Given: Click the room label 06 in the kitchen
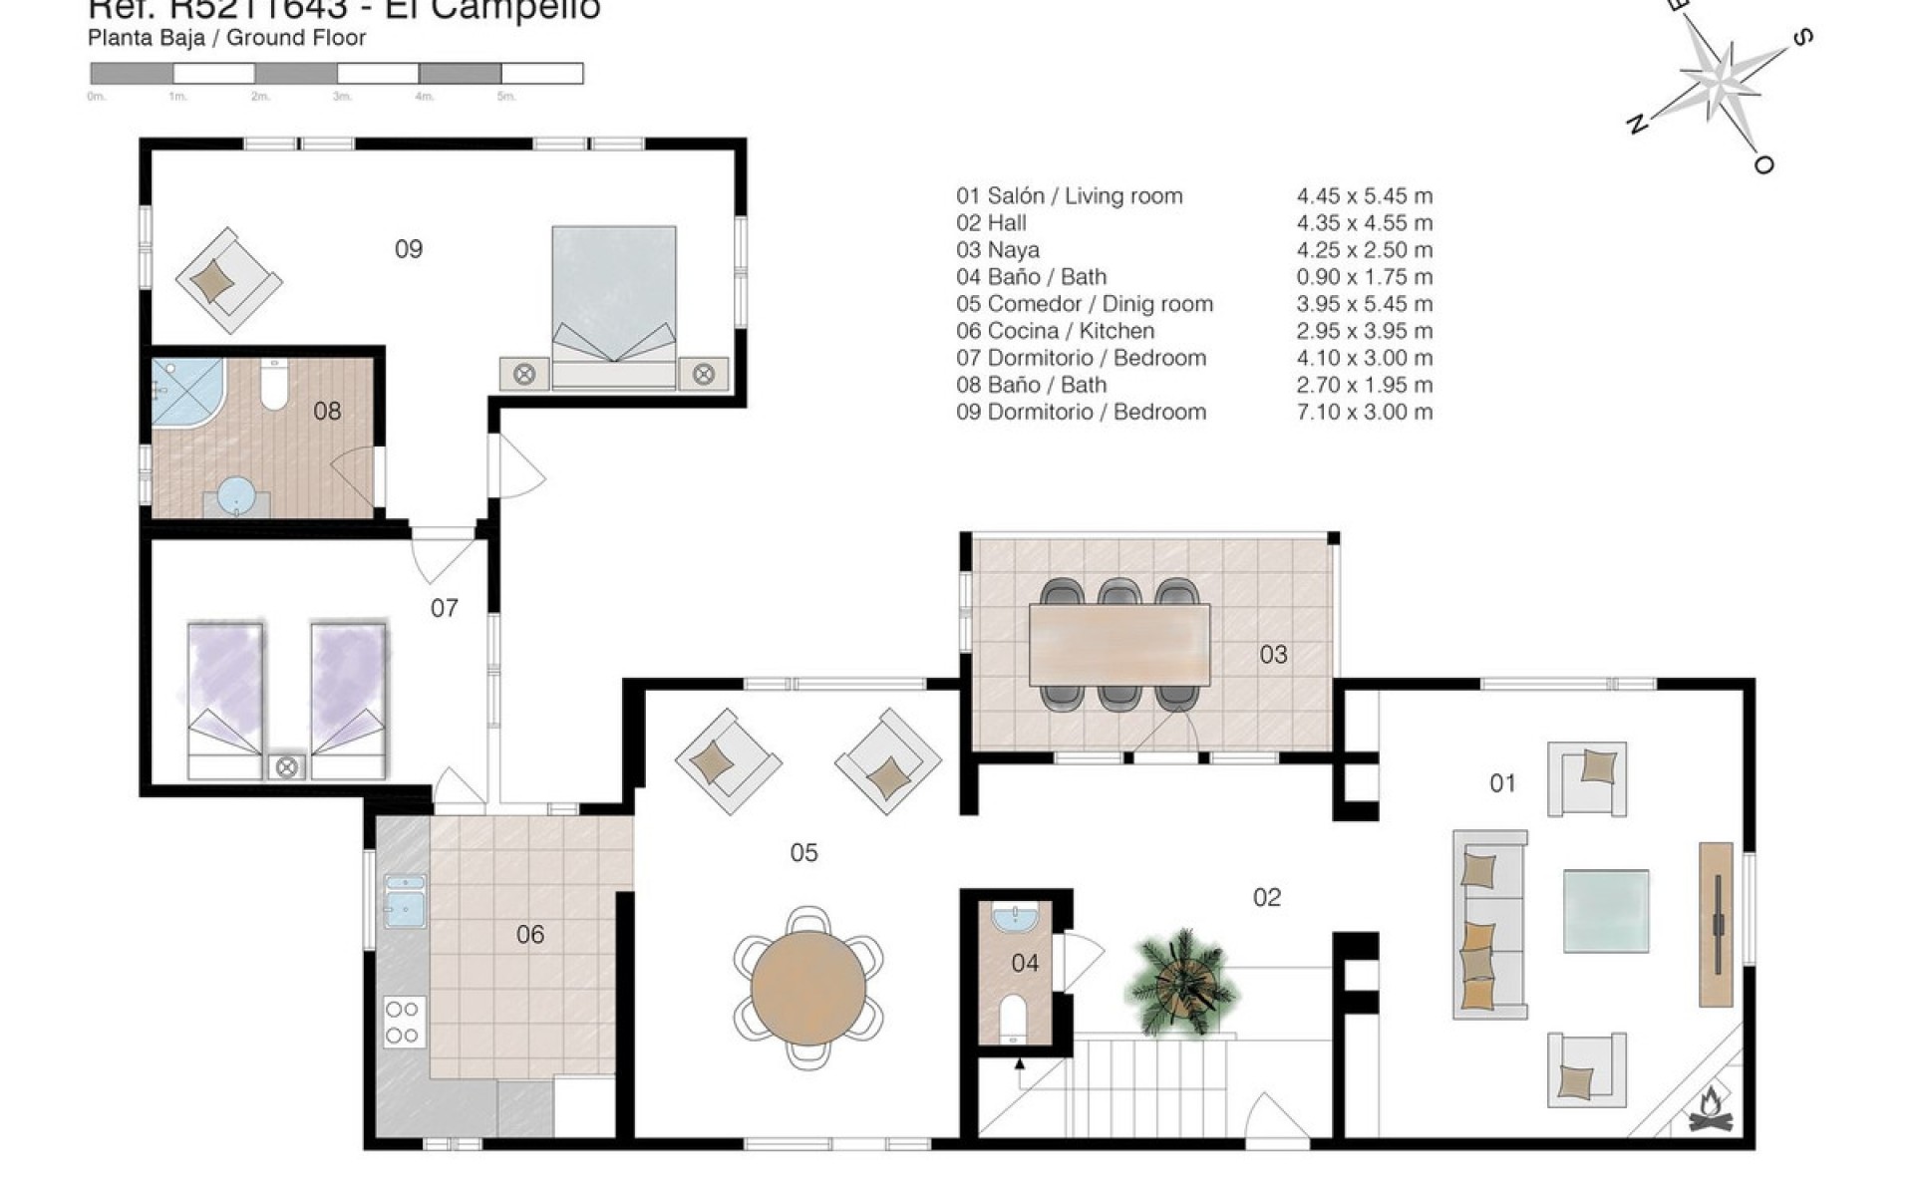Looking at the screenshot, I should (x=530, y=934).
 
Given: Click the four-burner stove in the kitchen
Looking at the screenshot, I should (x=404, y=1022).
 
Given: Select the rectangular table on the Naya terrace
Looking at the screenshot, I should (x=1118, y=644).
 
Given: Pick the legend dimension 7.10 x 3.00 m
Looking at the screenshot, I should (x=1364, y=412).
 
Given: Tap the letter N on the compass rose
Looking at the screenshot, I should (x=1635, y=125).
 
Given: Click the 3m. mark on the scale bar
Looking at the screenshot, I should (x=342, y=97).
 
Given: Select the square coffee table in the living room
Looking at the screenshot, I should (x=1605, y=910).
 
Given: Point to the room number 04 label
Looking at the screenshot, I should (x=1025, y=963).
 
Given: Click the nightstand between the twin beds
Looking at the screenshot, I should (x=287, y=766).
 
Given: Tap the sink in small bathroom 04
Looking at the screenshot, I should (x=1016, y=916).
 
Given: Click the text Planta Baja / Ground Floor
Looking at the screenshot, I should (x=226, y=38).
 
